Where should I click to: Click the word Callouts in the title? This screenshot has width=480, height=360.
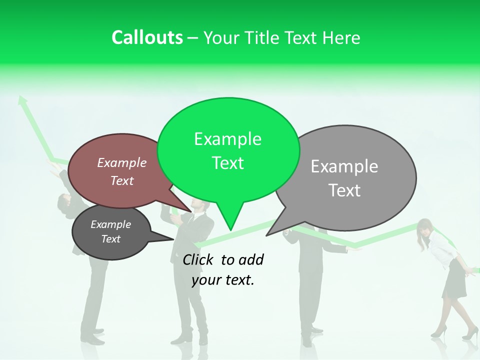point(147,37)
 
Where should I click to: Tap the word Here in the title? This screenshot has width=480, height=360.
point(341,38)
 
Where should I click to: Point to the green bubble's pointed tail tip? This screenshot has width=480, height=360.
point(230,230)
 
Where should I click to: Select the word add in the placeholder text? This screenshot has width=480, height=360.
point(251,259)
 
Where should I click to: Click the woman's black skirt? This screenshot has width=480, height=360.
point(454,280)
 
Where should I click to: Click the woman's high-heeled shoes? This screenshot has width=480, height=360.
point(452,332)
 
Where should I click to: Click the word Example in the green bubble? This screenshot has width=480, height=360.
point(227,139)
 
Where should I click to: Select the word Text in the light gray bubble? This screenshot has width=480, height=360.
point(344,190)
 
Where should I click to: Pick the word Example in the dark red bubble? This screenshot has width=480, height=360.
point(122,162)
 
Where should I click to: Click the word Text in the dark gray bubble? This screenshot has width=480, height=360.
point(111,239)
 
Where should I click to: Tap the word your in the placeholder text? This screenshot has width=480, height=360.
point(205,280)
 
